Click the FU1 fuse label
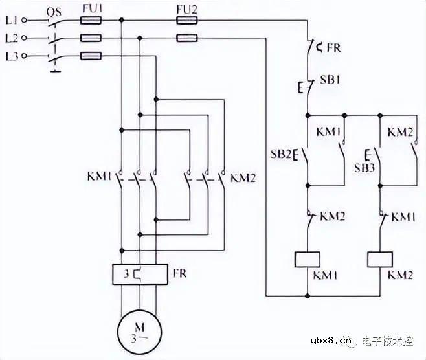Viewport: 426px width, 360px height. [91, 9]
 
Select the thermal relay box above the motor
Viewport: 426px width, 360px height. [139, 274]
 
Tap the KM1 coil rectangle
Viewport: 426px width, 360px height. [305, 258]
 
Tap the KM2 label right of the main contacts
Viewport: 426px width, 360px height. [243, 177]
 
